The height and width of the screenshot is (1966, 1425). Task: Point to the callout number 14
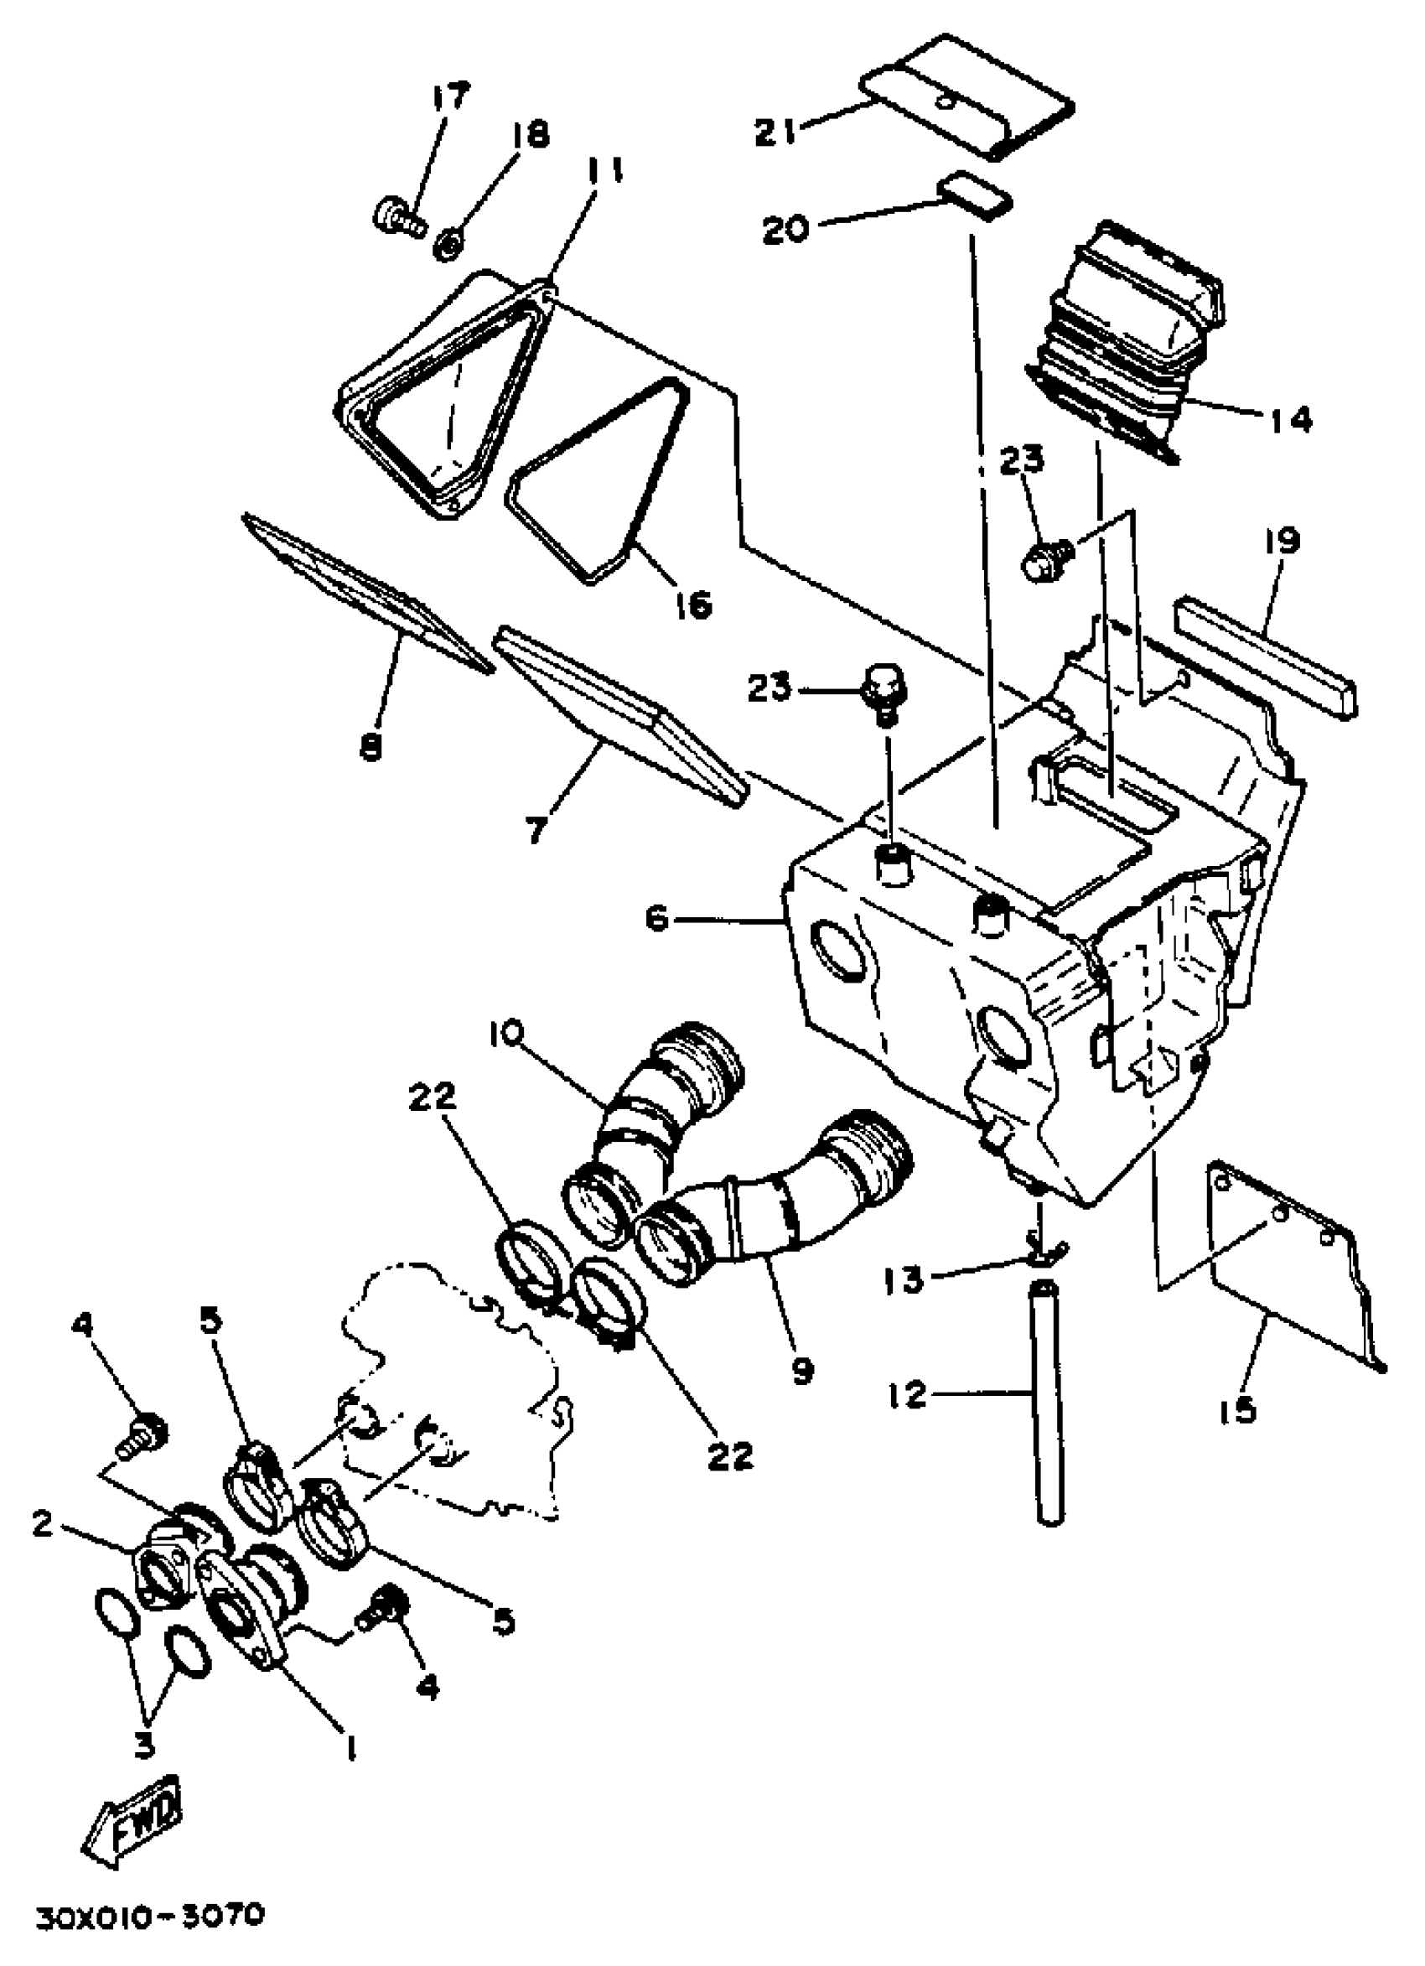[1288, 420]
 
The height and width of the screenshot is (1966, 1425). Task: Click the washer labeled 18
[448, 247]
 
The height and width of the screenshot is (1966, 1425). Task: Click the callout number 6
[657, 920]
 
